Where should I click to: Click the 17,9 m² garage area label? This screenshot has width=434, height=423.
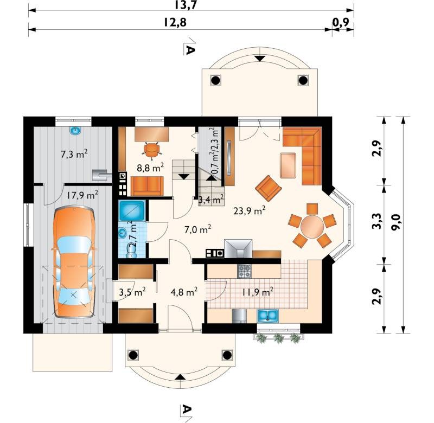tap(82, 195)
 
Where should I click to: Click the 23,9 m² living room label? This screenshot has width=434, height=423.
tap(250, 210)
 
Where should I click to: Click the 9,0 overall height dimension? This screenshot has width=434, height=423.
tap(397, 223)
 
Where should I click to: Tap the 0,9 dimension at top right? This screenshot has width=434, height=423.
tap(341, 22)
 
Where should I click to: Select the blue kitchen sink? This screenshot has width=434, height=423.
tap(267, 316)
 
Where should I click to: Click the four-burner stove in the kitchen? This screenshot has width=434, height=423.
tap(245, 271)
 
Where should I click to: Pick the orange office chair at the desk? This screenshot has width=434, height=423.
tap(152, 150)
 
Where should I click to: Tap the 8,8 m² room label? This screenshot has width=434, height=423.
tap(150, 168)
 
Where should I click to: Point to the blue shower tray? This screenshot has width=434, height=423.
tap(132, 211)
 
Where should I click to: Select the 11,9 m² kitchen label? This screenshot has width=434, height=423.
tap(258, 292)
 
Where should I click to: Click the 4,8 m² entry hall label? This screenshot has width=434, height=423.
tap(184, 292)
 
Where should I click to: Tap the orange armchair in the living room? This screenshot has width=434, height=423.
tap(268, 188)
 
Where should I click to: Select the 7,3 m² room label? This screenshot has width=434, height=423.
tap(74, 154)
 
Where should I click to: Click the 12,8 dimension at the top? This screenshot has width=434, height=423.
tap(175, 22)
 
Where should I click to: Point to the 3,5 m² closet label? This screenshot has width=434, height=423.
tap(132, 292)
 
